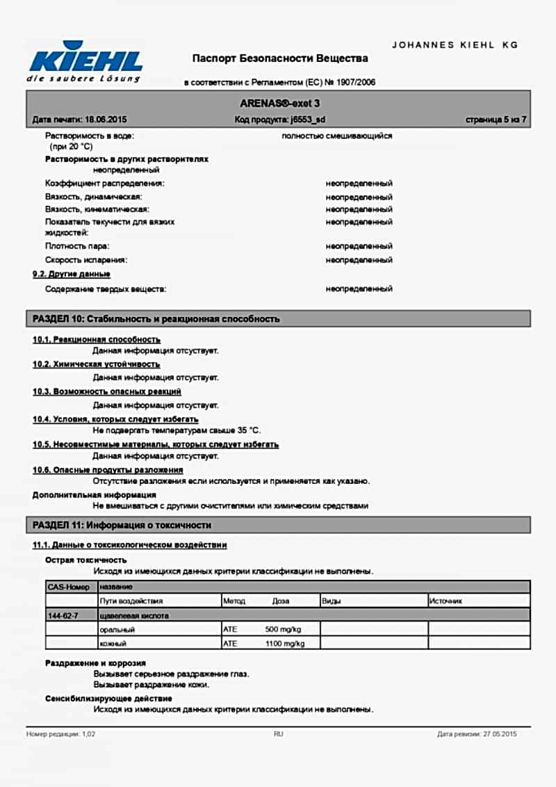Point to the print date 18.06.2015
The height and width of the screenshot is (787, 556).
[105, 120]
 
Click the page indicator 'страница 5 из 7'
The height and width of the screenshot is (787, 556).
[496, 120]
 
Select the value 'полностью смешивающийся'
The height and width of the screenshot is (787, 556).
[337, 136]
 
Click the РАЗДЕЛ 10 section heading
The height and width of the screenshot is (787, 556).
[156, 319]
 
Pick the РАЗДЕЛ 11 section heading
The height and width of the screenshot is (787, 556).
[122, 525]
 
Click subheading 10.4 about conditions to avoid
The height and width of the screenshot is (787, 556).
[115, 419]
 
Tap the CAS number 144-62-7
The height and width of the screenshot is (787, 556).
[63, 615]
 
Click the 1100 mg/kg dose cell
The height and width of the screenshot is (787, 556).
[285, 644]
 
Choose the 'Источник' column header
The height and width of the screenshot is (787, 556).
[445, 601]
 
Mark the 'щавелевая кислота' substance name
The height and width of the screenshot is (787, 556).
[135, 615]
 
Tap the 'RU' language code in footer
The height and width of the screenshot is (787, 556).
[278, 734]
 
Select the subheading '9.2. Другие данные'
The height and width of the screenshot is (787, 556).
[71, 274]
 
